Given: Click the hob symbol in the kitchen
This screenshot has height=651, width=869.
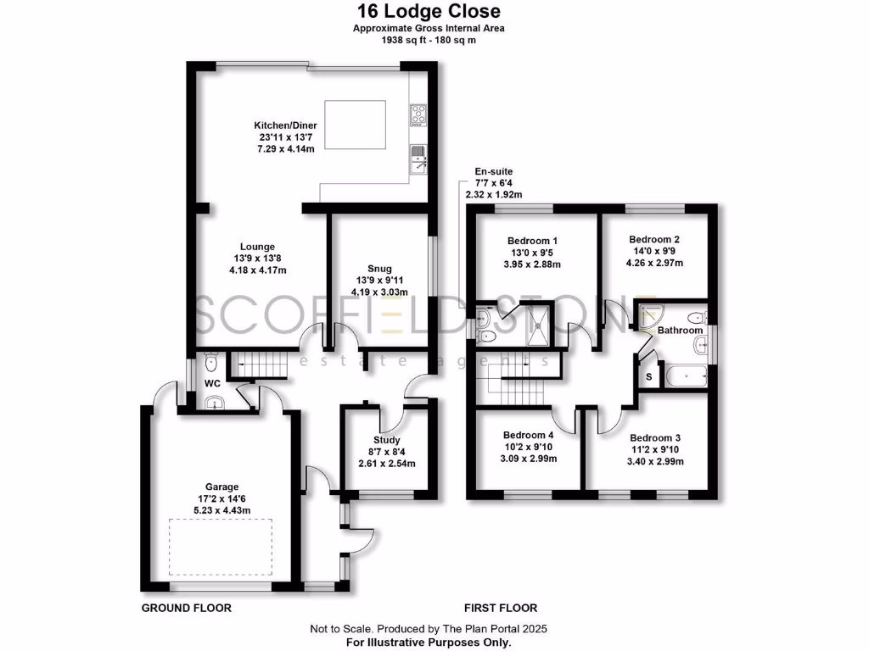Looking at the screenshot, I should pyautogui.click(x=418, y=114).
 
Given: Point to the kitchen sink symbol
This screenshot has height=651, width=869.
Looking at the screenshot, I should pyautogui.click(x=418, y=158).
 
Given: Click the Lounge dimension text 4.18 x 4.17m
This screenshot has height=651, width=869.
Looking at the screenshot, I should pyautogui.click(x=257, y=271).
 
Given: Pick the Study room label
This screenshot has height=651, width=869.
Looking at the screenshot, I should pyautogui.click(x=387, y=440).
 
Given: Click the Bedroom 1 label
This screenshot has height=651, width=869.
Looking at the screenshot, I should pyautogui.click(x=533, y=240).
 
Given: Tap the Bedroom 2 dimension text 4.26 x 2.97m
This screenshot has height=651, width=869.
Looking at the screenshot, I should pyautogui.click(x=654, y=263).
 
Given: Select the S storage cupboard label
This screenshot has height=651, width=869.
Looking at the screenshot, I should pyautogui.click(x=650, y=376).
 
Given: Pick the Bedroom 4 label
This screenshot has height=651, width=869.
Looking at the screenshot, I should pyautogui.click(x=529, y=436).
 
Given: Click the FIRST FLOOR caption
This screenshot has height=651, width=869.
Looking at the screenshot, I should pyautogui.click(x=500, y=608).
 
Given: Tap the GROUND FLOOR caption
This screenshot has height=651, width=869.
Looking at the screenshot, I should pyautogui.click(x=186, y=608).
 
